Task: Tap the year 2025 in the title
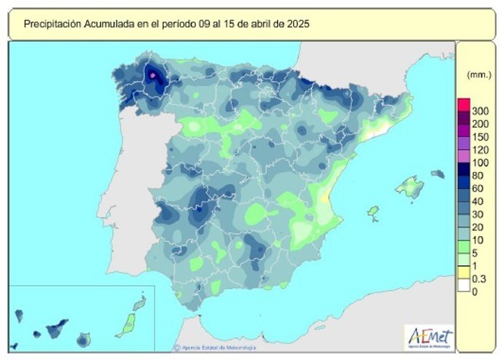[298, 24]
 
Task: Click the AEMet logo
[429, 337]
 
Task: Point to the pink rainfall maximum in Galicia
[153, 74]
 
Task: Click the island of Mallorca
[410, 188]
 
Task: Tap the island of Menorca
[437, 174]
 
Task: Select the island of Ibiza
[373, 213]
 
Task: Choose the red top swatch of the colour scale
[462, 103]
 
